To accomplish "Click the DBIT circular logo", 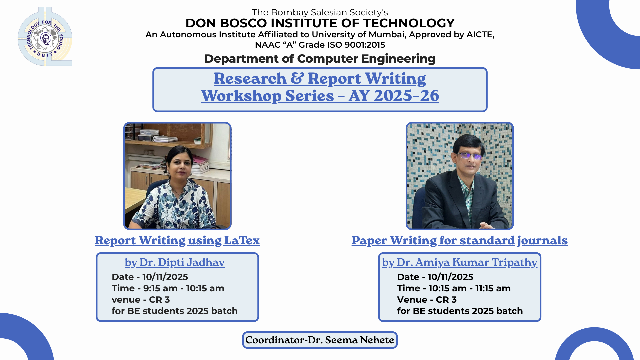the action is point(45,37).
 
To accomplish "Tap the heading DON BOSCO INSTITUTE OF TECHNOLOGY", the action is point(320,23).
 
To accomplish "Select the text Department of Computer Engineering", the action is point(320,59).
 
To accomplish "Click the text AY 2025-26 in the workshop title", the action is point(394,96).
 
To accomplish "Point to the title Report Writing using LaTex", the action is point(177,240).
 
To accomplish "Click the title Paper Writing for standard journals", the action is point(460,240).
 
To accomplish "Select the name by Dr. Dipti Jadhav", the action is point(175,262).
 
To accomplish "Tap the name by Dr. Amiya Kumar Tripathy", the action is point(460,262).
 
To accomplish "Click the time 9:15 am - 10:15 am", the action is point(184,288).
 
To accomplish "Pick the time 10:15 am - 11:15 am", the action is point(470,288).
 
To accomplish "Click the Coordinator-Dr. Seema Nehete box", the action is point(320,340).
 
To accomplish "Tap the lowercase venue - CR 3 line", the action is point(141,300).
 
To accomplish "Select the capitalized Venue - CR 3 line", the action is point(427,300).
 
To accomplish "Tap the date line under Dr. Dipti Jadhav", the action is point(150,277).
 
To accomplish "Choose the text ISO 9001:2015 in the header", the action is point(354,45).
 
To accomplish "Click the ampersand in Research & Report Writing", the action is point(297,78).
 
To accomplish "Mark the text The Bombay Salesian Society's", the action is point(320,12).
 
